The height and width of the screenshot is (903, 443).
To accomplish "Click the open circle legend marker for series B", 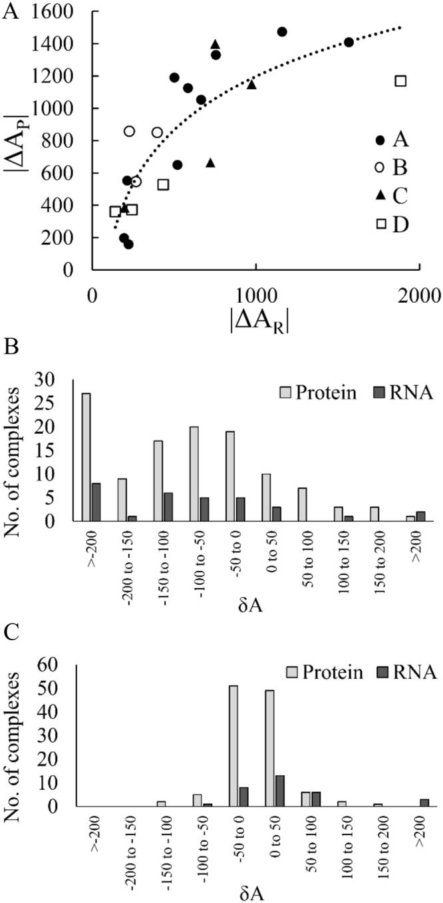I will point(380,168).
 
